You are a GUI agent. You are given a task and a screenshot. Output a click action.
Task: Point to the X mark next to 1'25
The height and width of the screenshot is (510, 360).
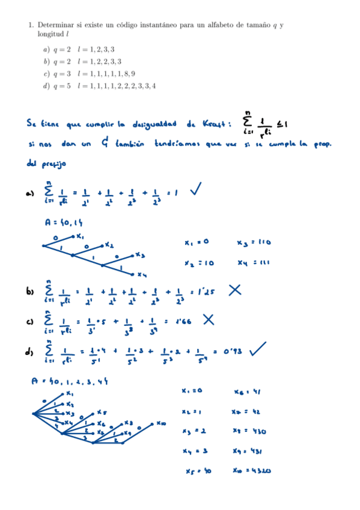(234, 290)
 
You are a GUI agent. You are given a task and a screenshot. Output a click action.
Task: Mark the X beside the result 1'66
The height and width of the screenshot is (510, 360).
(209, 319)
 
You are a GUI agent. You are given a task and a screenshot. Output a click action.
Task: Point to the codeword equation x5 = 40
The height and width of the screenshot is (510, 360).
(198, 471)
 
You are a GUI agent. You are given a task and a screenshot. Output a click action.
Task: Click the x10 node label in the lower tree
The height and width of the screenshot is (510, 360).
(161, 423)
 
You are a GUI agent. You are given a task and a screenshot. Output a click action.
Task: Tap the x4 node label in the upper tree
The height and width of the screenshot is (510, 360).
(142, 275)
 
